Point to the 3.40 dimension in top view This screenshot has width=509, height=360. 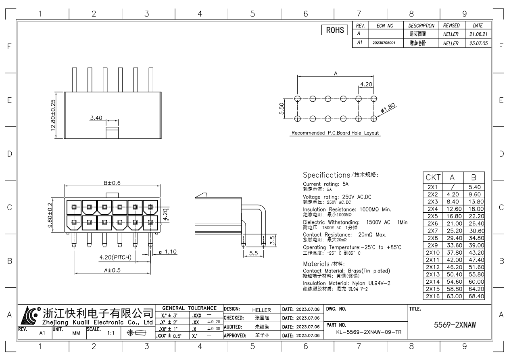click(x=96, y=118)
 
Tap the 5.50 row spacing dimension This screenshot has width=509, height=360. click(x=282, y=108)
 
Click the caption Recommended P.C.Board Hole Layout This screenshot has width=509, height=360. click(x=335, y=133)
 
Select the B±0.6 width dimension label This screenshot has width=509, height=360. click(x=111, y=182)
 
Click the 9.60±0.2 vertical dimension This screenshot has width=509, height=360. click(x=50, y=215)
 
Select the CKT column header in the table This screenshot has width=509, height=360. click(x=433, y=178)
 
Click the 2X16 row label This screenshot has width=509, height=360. click(x=433, y=296)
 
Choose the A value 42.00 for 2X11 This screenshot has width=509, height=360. click(x=453, y=260)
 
